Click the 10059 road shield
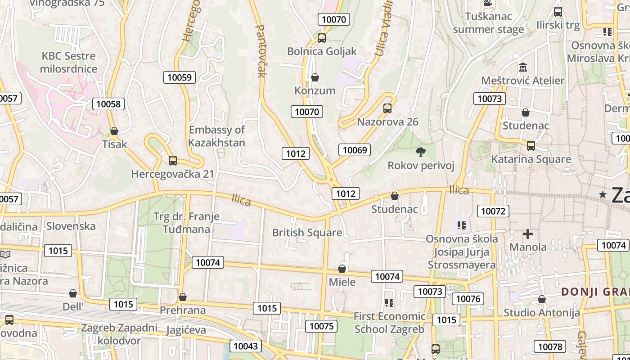[x=179, y=77]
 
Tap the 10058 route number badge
[x=108, y=104]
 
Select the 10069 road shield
[x=355, y=150]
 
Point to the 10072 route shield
[x=493, y=211]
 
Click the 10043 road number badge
[x=246, y=346]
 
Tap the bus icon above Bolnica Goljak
[x=321, y=38]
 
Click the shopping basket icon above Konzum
[x=315, y=77]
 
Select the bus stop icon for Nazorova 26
[x=387, y=108]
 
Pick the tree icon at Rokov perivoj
[x=421, y=152]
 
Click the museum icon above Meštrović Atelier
[x=523, y=67]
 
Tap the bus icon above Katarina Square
[x=531, y=146]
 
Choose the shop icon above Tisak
[x=114, y=131]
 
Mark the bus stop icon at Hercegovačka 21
[x=172, y=160]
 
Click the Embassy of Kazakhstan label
[x=217, y=136]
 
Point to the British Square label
[x=307, y=233]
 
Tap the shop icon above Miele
[x=342, y=269]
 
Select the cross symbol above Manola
[x=528, y=234]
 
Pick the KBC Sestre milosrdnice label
[x=68, y=62]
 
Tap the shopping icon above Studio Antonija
[x=542, y=299]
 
